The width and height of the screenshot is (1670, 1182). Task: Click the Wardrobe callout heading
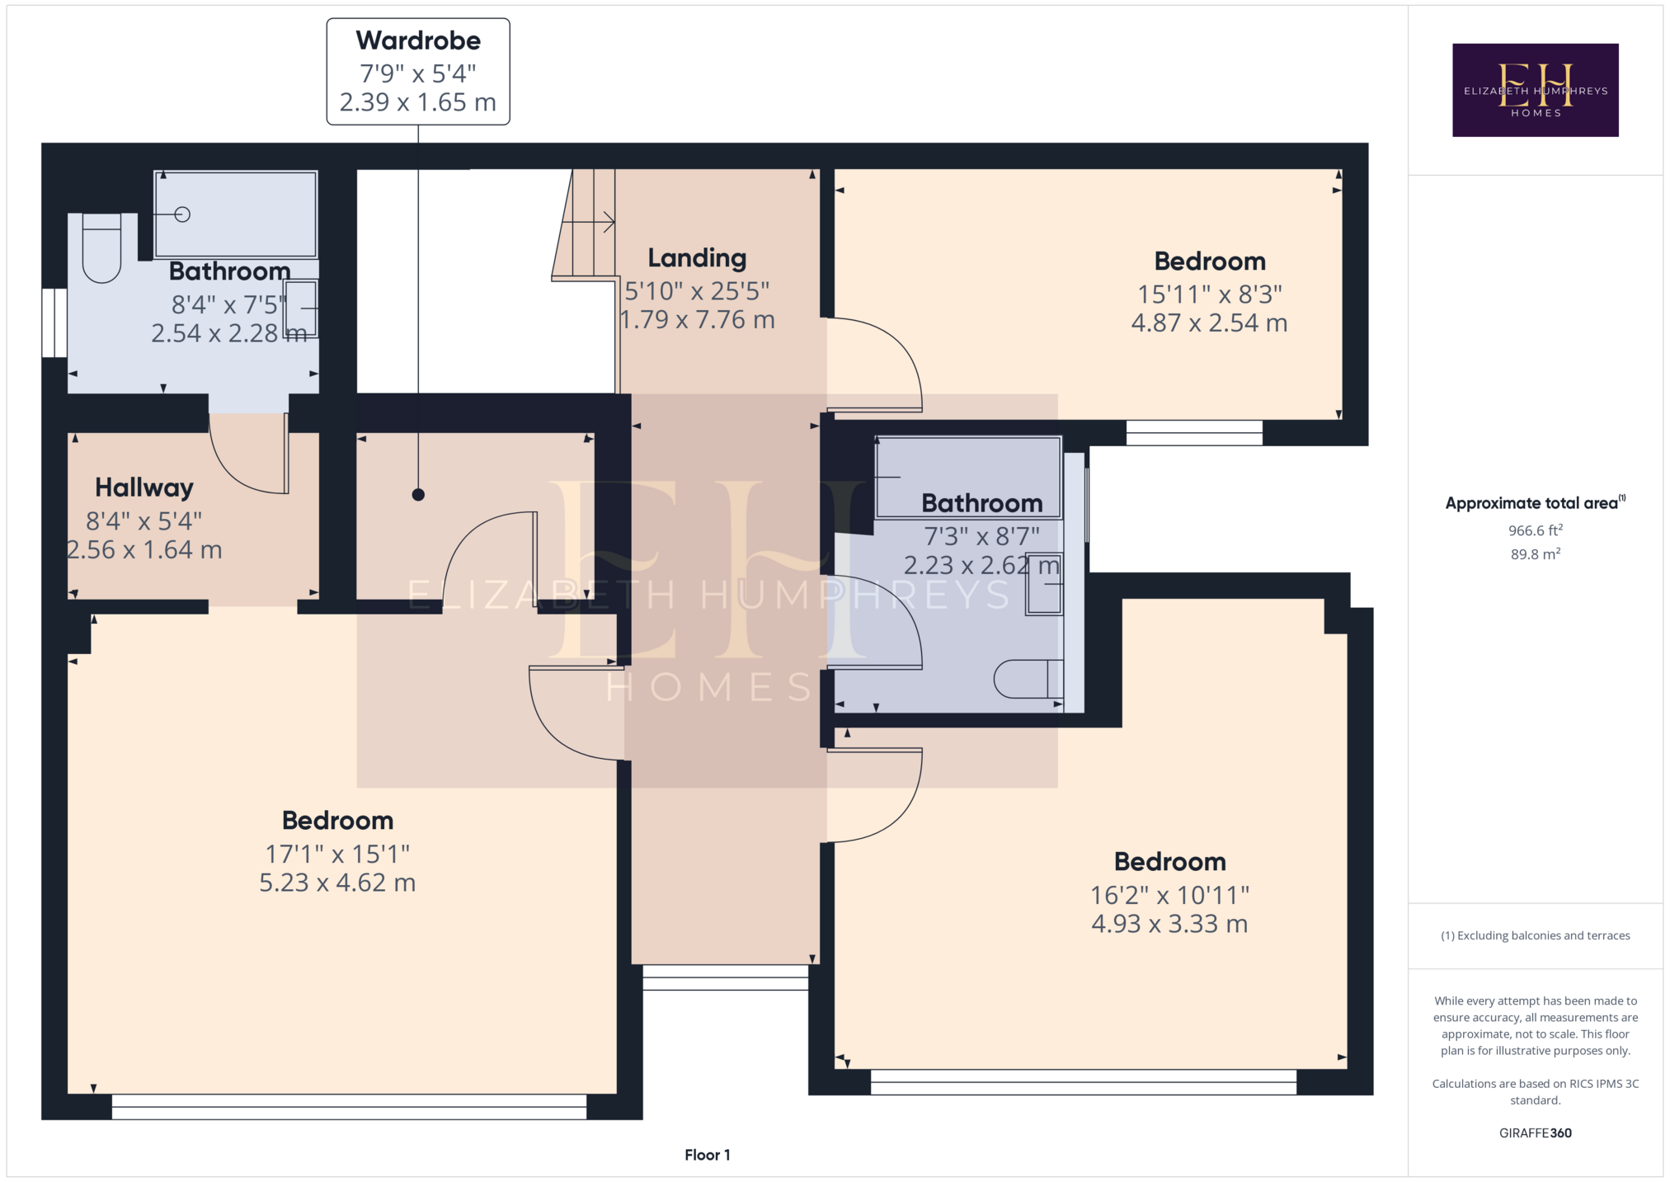[x=418, y=40]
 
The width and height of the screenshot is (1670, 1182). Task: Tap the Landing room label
[x=697, y=258]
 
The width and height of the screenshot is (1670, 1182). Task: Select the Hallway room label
[x=144, y=487]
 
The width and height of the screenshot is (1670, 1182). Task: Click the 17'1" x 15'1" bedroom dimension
[x=337, y=854]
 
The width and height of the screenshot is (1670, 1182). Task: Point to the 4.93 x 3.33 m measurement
[x=1169, y=924]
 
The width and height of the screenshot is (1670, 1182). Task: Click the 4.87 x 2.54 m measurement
[x=1209, y=323]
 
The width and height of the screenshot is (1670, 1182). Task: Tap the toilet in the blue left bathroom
[x=101, y=247]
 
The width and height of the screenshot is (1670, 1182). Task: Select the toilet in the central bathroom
[x=1028, y=679]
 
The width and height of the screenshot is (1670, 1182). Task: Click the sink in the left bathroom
[x=302, y=308]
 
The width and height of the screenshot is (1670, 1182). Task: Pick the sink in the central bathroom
[x=1044, y=584]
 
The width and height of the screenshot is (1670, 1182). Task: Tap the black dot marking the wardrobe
[x=418, y=495]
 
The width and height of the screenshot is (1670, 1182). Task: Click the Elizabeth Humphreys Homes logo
[x=1535, y=90]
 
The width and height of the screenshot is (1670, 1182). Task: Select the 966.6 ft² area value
[x=1535, y=530]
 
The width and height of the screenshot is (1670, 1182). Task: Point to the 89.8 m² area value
[x=1535, y=554]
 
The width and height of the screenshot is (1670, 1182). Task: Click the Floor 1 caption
[x=707, y=1155]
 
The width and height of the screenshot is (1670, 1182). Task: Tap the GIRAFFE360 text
[x=1535, y=1133]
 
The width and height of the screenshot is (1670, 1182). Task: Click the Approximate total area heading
[x=1535, y=502]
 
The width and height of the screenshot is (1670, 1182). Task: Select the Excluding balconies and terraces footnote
[x=1535, y=935]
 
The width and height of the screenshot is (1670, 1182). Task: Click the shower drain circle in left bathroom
[x=182, y=214]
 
